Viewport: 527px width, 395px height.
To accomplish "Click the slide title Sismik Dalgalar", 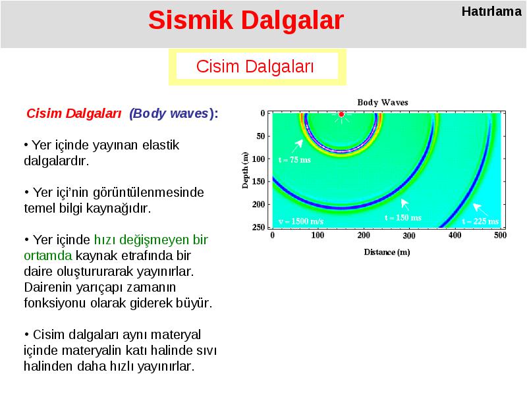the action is tap(246, 20).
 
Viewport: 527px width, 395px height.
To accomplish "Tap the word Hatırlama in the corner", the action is tap(491, 11).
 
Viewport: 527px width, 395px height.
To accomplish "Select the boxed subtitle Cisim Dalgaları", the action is tap(255, 66).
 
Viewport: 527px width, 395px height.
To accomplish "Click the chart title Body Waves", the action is tap(383, 102).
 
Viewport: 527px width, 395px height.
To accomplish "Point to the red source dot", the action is tap(341, 114).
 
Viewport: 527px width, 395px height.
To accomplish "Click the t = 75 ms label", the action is tap(294, 160).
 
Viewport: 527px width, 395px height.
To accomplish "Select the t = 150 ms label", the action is tap(403, 218).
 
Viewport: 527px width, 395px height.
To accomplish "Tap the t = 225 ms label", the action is tap(480, 221).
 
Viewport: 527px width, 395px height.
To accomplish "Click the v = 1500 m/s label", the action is tap(301, 221).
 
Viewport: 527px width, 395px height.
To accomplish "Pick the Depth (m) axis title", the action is tap(245, 171).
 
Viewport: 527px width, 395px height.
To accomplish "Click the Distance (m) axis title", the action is tap(387, 252).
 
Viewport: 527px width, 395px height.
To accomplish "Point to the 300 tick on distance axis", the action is tap(409, 236).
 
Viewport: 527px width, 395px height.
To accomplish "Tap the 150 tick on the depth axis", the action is tap(258, 182).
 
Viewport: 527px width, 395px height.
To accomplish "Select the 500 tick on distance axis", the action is tap(500, 235).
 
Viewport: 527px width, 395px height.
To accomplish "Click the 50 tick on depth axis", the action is tap(261, 136).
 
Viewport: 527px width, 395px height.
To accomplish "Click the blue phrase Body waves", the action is tap(171, 113).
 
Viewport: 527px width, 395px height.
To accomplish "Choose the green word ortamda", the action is tap(47, 255).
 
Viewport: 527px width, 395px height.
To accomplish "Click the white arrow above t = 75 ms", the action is tap(298, 146).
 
